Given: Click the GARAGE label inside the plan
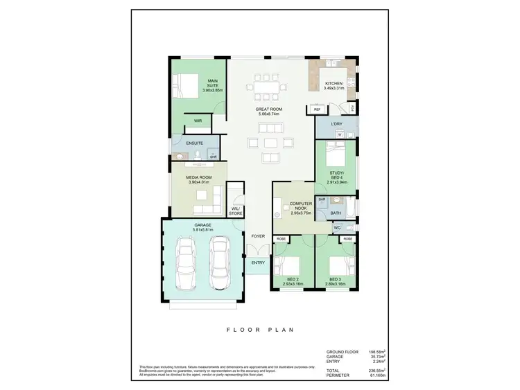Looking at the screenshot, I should coord(203,226).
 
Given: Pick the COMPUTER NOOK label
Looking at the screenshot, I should coord(301,206).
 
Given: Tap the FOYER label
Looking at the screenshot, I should coord(258,236).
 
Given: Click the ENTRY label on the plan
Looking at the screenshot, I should coord(258,263).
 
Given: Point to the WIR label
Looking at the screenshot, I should coord(198,121).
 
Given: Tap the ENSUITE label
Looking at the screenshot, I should coord(194,143).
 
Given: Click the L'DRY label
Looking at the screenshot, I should coord(337,124).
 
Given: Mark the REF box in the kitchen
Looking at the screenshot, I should coord(317,109).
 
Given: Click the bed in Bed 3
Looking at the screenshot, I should coord(336,266).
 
